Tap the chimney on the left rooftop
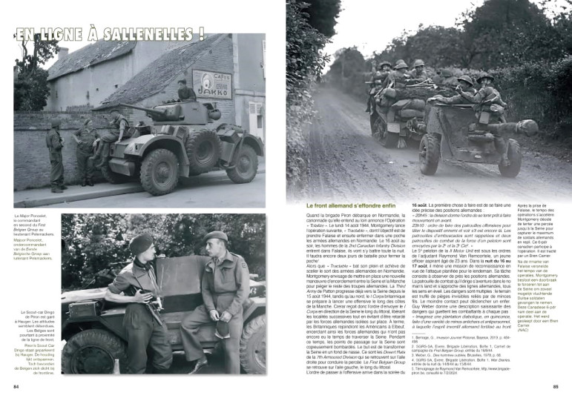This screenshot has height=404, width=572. point(64,53)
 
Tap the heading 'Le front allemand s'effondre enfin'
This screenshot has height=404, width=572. point(348,205)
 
